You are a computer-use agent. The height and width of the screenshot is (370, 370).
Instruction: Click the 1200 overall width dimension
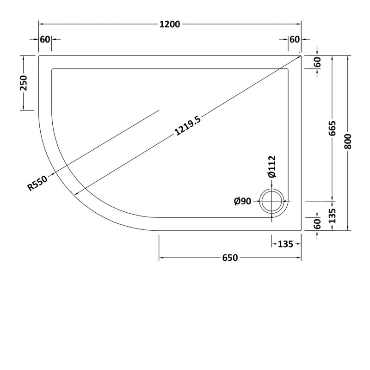tap(170, 24)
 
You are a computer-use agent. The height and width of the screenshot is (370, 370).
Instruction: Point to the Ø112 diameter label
tap(271, 167)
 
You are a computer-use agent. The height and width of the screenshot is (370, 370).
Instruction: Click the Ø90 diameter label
tap(242, 201)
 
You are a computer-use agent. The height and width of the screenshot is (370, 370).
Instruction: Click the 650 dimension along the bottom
tap(230, 258)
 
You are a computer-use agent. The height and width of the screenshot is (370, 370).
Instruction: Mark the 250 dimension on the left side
tap(25, 83)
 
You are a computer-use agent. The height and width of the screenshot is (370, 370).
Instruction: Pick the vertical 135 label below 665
tap(333, 216)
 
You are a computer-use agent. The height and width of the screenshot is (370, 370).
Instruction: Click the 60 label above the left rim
tap(44, 39)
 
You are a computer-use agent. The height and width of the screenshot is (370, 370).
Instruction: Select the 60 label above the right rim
tap(295, 39)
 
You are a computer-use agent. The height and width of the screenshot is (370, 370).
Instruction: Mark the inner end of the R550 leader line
tap(159, 110)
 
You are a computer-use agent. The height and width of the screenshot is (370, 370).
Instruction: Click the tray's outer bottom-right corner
tap(301, 230)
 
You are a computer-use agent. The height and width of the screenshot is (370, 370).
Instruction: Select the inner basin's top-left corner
tap(52, 69)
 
